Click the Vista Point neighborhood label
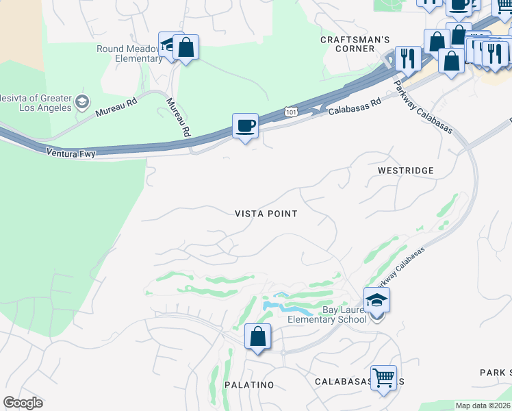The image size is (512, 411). click(x=266, y=214)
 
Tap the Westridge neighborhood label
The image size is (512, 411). click(x=406, y=169)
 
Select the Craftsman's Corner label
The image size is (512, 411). click(x=355, y=45)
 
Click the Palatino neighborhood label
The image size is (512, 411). click(x=249, y=385)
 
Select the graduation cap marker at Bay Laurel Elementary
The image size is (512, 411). click(x=376, y=299)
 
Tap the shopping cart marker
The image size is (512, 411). click(x=383, y=377)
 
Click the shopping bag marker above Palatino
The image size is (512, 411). click(x=257, y=337)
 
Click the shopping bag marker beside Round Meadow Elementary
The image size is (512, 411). click(x=185, y=48)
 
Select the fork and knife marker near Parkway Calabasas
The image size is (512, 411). click(x=408, y=60)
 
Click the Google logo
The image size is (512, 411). click(x=23, y=402)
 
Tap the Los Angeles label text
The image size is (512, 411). click(x=43, y=108)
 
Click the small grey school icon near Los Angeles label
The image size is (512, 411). click(x=82, y=102)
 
